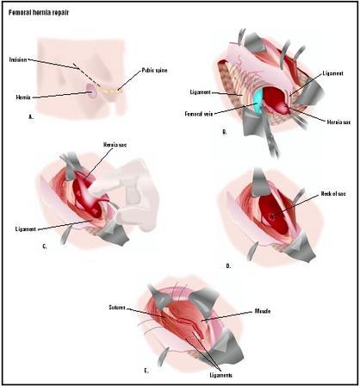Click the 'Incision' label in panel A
19,60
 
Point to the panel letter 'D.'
228,266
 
